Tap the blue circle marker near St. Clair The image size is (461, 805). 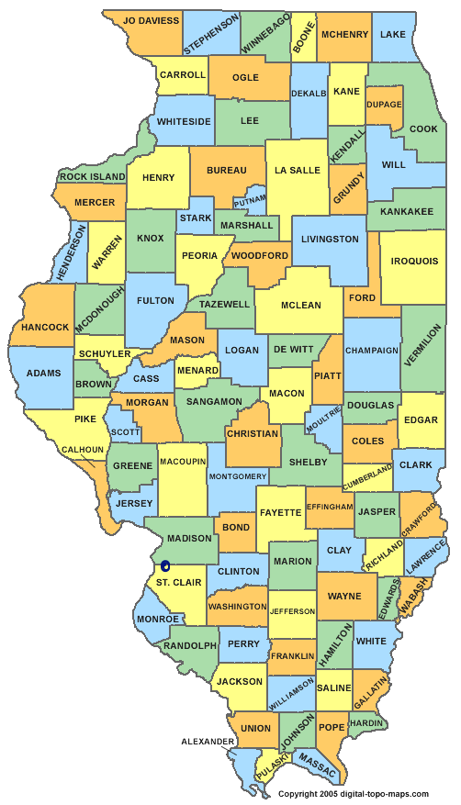tap(165, 566)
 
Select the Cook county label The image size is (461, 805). tap(423, 129)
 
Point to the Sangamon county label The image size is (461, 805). tap(213, 401)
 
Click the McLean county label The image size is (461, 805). tap(300, 306)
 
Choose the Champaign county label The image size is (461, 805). tap(372, 350)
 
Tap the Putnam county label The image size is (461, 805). tap(251, 199)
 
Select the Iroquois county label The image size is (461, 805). tap(413, 261)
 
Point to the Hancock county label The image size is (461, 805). tap(45, 327)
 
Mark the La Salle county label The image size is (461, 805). tap(298, 170)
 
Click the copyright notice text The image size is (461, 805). tap(353, 793)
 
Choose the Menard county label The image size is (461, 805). tap(197, 371)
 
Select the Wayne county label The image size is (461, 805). tap(344, 596)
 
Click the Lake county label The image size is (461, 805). tap(393, 34)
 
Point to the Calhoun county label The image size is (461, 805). tap(83, 449)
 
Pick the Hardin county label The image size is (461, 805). tap(366, 722)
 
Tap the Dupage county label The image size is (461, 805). tap(384, 105)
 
